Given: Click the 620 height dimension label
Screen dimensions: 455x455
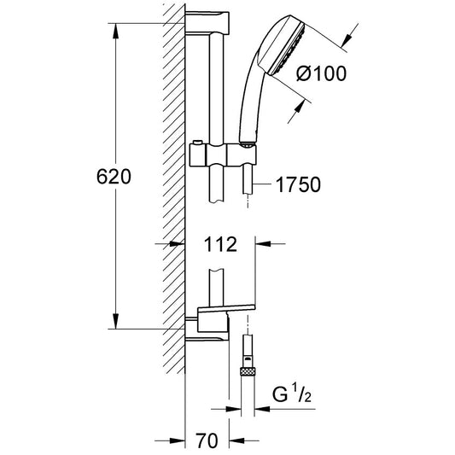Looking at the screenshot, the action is (114, 177).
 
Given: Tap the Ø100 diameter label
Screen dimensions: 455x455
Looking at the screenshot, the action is (322, 73).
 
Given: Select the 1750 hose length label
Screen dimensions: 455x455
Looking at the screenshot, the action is (298, 184).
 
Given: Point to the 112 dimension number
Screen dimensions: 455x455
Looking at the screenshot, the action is (220, 244).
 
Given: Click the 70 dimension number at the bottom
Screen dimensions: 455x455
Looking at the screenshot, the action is (207, 440).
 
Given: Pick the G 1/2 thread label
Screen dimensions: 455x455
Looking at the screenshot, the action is (292, 394).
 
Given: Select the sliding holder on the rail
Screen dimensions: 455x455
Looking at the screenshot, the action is (223, 155).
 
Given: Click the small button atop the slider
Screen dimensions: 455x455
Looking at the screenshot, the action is (197, 142).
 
